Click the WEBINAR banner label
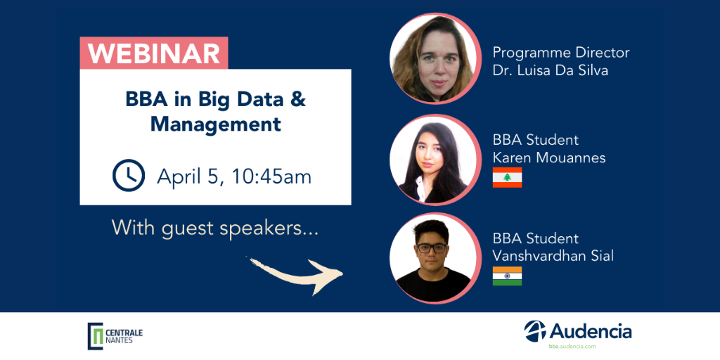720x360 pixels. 154,53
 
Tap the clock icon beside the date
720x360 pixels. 129,175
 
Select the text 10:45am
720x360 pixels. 271,176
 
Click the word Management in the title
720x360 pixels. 216,124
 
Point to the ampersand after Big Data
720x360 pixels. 298,101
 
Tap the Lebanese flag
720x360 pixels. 507,177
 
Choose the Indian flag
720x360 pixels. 507,276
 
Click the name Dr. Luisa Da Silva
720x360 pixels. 551,71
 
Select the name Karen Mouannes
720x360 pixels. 549,158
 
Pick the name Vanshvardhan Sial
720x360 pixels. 553,256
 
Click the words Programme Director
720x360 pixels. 561,53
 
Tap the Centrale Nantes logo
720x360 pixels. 115,335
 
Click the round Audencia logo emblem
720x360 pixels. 535,331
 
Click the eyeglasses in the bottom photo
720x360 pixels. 432,248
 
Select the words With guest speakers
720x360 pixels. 215,229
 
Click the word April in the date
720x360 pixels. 180,177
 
